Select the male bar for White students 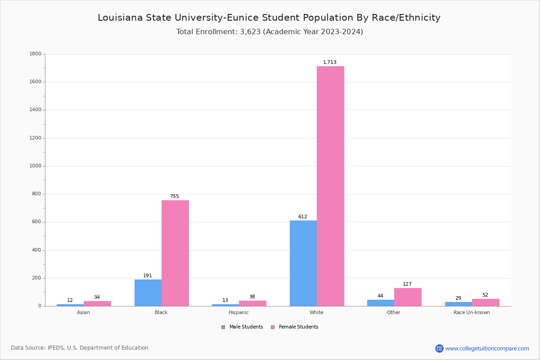click(303, 263)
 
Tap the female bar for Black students click(175, 253)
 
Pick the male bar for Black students click(148, 292)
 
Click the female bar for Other click(408, 297)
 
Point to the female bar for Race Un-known click(486, 302)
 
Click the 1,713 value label click(330, 63)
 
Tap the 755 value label click(175, 197)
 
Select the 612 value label click(303, 217)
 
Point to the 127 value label click(407, 284)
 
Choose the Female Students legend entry click(295, 327)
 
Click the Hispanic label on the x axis click(238, 313)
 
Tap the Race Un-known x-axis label click(472, 313)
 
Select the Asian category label click(83, 313)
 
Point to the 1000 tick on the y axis click(36, 166)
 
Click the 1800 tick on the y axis click(36, 54)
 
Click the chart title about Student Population click(269, 18)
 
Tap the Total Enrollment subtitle click(270, 32)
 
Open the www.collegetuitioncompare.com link click(487, 349)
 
